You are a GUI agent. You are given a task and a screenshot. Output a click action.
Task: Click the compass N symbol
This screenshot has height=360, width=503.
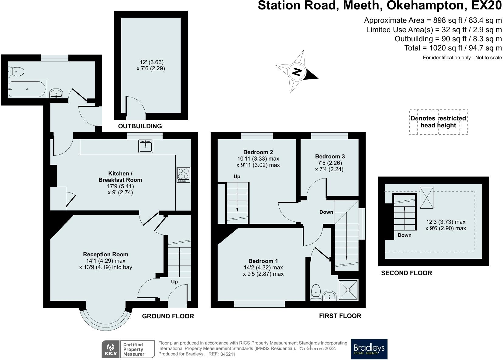(297, 72)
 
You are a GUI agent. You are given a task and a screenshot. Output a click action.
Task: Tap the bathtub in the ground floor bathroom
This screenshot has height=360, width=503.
(27, 89)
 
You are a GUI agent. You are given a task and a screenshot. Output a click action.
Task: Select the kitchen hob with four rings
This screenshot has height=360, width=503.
(184, 175)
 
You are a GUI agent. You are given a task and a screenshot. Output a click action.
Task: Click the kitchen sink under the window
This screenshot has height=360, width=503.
(146, 146)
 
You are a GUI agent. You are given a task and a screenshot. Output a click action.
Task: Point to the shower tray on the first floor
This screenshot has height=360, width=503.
(348, 290)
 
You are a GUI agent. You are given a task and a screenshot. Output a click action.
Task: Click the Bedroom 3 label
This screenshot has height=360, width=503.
(330, 156)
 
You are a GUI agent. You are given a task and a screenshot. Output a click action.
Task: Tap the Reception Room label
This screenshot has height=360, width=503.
(105, 254)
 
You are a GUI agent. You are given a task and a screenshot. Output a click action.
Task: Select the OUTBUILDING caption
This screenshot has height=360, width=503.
(140, 126)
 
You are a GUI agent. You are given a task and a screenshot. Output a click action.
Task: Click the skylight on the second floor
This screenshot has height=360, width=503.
(427, 198)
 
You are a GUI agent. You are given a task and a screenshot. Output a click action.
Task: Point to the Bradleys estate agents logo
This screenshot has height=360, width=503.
(369, 349)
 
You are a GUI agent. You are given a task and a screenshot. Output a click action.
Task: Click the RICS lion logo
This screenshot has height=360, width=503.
(111, 349)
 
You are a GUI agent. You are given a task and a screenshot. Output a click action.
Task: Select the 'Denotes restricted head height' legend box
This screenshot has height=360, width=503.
(438, 122)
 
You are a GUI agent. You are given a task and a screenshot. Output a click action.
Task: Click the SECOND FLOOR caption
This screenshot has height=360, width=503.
(406, 273)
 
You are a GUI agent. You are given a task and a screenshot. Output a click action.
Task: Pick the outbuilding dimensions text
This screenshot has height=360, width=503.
(151, 65)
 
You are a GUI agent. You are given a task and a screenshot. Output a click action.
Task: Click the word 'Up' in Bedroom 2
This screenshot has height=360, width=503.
(237, 177)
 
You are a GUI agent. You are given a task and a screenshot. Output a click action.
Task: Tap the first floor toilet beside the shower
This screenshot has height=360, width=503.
(316, 292)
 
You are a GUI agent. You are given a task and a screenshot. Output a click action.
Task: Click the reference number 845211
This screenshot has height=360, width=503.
(228, 354)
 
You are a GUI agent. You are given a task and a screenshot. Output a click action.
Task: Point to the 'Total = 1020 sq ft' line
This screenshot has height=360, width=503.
(453, 48)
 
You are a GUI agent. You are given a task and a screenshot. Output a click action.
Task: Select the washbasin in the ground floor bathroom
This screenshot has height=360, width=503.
(56, 93)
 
